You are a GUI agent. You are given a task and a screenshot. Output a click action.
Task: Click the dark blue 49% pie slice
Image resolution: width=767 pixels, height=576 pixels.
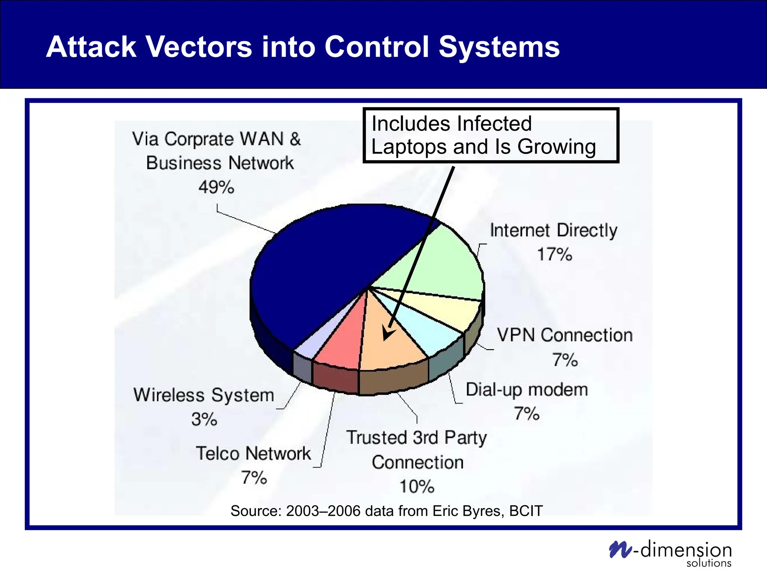coord(318,270)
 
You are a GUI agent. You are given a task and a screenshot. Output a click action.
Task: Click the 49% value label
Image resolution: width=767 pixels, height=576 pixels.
coord(216,187)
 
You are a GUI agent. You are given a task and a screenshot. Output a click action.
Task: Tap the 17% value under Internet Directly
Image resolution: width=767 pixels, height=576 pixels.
coord(555,254)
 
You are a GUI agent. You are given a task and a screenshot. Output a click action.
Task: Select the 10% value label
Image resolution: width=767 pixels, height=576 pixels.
coord(417,486)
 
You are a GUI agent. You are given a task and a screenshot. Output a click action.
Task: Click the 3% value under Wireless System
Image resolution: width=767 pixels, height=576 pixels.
coord(204,419)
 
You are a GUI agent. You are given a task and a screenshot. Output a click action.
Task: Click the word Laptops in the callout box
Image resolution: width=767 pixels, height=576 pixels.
coord(409,147)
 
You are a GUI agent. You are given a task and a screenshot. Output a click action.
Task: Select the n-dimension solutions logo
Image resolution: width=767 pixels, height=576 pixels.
coord(670,553)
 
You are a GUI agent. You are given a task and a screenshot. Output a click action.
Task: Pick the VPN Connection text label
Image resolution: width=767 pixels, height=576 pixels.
coord(564,335)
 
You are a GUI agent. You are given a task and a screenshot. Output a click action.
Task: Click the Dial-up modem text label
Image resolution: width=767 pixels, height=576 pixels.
coord(527,390)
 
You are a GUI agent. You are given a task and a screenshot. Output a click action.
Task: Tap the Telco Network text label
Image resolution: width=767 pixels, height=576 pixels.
coord(253,453)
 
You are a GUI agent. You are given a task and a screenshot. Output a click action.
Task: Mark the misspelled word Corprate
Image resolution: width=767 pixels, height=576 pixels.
coord(199,139)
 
